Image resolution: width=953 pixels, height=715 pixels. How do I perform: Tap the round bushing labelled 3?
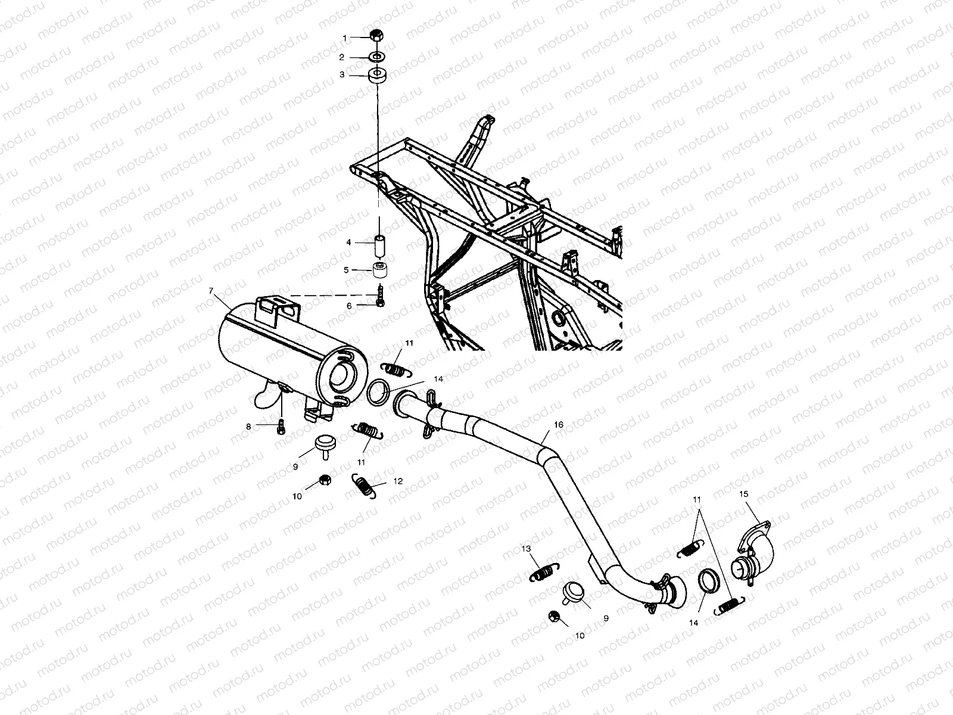tap(376, 76)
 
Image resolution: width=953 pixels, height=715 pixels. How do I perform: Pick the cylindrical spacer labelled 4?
tap(378, 245)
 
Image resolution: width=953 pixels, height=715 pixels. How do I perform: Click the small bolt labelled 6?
tap(379, 297)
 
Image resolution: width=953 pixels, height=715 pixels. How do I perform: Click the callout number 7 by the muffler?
tap(211, 291)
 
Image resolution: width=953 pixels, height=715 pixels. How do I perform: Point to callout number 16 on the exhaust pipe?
tap(558, 425)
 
